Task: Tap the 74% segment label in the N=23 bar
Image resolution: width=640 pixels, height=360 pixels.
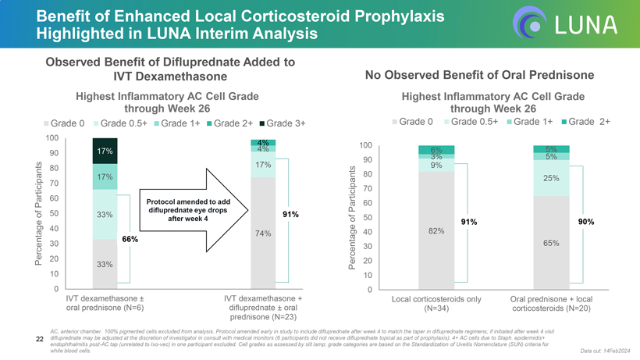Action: pyautogui.click(x=263, y=233)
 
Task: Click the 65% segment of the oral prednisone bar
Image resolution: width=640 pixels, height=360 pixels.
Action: pyautogui.click(x=551, y=243)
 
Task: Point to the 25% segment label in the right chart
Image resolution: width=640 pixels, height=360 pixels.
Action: pyautogui.click(x=551, y=179)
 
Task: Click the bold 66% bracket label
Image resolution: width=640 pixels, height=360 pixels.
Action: pyautogui.click(x=130, y=238)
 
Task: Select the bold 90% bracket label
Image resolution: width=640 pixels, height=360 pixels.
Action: pyautogui.click(x=586, y=223)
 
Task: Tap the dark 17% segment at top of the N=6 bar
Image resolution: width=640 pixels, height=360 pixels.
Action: pyautogui.click(x=105, y=151)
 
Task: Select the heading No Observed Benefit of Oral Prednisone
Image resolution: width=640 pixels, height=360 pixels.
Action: pyautogui.click(x=479, y=75)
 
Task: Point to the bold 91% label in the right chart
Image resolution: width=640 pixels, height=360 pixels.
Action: pyautogui.click(x=470, y=223)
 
